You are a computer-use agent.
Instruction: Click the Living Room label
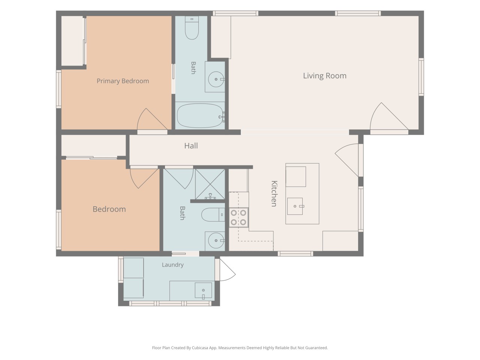(x=324, y=76)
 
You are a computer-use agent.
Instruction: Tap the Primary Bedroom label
(x=123, y=81)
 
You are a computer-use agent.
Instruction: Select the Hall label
(x=191, y=146)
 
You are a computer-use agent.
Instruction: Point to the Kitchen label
(x=274, y=193)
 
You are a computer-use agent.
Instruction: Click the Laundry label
(x=172, y=265)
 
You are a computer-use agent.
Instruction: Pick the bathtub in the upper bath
(x=201, y=115)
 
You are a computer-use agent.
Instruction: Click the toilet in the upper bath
(x=192, y=28)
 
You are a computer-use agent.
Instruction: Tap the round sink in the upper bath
(x=216, y=79)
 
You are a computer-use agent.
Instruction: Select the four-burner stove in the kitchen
(x=238, y=217)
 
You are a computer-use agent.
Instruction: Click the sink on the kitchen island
(x=295, y=206)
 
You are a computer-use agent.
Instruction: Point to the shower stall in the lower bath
(x=210, y=184)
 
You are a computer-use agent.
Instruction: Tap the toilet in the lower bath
(x=213, y=214)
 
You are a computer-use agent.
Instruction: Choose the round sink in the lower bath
(x=216, y=240)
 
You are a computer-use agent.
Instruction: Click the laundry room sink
(x=203, y=290)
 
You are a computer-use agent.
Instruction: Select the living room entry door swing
(x=389, y=118)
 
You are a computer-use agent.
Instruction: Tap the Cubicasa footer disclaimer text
(x=240, y=348)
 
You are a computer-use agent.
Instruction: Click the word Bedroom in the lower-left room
(x=109, y=209)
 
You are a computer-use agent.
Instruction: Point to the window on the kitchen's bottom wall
(x=295, y=253)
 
